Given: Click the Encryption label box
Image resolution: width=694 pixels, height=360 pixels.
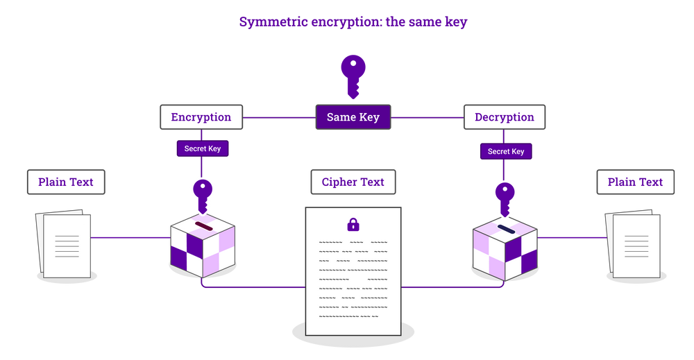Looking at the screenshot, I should [x=201, y=117].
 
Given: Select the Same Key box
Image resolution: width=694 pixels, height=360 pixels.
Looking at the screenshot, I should [x=353, y=117].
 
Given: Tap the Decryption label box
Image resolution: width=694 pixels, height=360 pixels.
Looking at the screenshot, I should [x=505, y=117].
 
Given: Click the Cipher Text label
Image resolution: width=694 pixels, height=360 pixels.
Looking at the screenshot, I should [x=353, y=182].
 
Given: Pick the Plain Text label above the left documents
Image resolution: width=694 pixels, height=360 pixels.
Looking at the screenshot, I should [x=66, y=182].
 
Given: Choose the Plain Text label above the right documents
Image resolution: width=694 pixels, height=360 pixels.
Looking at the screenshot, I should [x=635, y=182].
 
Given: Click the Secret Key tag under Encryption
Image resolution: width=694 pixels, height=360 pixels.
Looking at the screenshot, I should [x=202, y=148].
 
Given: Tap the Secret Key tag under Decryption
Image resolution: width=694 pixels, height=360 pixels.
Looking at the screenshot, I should [x=505, y=151].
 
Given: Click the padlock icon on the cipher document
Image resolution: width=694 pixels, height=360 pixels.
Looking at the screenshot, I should [x=353, y=224].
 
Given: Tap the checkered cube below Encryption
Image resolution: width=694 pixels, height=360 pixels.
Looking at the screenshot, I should [x=203, y=243].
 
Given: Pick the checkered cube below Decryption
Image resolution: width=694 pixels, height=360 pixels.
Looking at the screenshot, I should [x=505, y=247].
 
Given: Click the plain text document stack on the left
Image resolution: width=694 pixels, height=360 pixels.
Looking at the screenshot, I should [x=64, y=243].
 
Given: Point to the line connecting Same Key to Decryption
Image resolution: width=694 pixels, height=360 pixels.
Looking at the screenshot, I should [x=427, y=117].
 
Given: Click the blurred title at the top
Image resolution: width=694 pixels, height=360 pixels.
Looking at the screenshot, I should [x=353, y=22].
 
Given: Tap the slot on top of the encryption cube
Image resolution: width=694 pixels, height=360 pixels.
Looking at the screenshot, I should [x=203, y=226].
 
